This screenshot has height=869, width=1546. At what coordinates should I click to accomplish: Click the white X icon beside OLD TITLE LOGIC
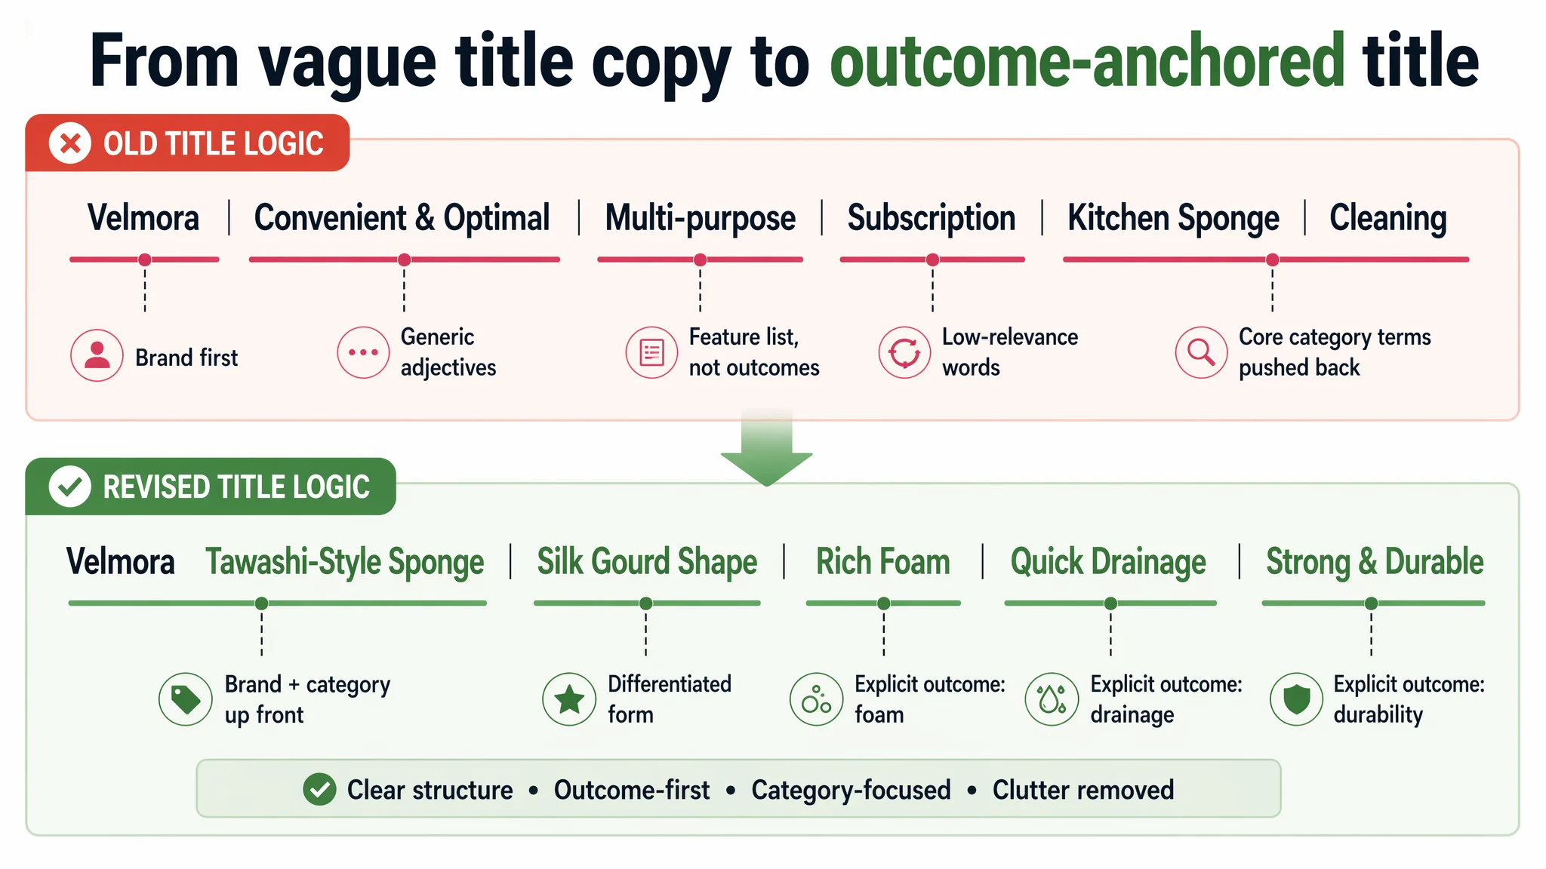click(x=70, y=143)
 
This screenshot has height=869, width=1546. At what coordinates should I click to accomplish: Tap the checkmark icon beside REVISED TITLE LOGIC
click(x=70, y=487)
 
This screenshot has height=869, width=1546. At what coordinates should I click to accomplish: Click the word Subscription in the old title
click(x=932, y=218)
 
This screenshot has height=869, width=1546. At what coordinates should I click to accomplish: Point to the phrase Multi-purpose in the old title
click(x=701, y=218)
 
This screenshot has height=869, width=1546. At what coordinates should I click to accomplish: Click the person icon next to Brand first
click(x=97, y=355)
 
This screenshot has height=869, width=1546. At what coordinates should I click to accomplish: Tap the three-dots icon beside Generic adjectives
click(x=363, y=352)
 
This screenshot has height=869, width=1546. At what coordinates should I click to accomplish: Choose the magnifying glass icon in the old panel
click(x=1201, y=352)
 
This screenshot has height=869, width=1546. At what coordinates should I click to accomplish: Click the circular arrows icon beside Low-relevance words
click(x=904, y=352)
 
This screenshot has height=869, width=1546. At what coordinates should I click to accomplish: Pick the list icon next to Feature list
click(x=651, y=352)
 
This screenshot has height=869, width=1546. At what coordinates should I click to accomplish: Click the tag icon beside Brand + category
click(x=186, y=699)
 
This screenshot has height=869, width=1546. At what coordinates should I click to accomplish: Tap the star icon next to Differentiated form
click(x=569, y=699)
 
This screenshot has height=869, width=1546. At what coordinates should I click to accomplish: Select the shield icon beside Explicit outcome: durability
click(x=1297, y=699)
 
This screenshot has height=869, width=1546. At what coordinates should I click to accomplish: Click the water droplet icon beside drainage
click(x=1052, y=699)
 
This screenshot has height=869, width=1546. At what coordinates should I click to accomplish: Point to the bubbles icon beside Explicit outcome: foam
click(x=816, y=699)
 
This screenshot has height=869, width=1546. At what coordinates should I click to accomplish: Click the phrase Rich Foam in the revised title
click(x=883, y=562)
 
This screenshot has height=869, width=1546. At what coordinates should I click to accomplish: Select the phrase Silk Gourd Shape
click(x=647, y=563)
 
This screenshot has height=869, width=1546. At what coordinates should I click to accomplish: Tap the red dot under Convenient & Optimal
click(x=405, y=259)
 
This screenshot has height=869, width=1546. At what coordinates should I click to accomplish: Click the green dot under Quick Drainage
click(x=1110, y=603)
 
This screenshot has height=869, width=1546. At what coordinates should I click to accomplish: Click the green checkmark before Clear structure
click(x=320, y=790)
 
